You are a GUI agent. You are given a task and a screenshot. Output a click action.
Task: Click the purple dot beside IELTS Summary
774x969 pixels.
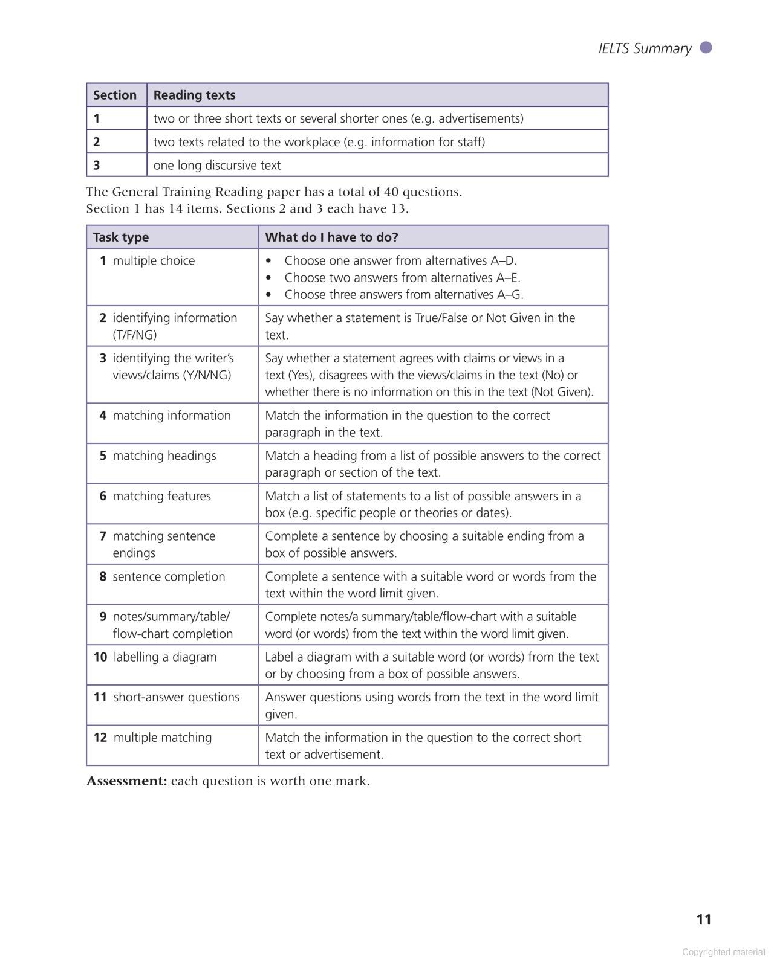tap(706, 48)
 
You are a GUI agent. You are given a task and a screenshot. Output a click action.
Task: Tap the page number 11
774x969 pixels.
tap(704, 919)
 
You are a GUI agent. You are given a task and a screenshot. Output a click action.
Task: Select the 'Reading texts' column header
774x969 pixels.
tap(194, 95)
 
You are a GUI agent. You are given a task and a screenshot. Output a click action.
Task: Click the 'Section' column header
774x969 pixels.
tap(115, 95)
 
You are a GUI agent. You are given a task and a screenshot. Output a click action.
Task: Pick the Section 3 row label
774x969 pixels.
tap(97, 165)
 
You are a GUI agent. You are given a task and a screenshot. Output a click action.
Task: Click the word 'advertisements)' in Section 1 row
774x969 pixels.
tap(481, 118)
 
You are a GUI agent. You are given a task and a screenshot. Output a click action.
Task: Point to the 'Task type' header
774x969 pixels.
tap(121, 237)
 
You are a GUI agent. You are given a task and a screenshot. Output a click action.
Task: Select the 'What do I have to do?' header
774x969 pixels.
tap(331, 237)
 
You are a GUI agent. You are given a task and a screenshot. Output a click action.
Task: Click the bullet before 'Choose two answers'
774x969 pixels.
tap(269, 278)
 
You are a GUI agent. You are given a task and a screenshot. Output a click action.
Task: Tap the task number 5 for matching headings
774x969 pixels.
tap(103, 456)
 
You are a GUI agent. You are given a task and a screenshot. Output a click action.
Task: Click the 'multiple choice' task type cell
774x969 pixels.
tap(154, 260)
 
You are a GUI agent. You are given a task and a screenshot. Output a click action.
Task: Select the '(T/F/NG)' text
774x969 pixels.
tap(134, 335)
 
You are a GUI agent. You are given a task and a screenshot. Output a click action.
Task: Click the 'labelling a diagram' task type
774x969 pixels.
tap(164, 657)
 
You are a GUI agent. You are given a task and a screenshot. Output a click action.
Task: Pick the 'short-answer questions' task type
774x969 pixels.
tap(176, 697)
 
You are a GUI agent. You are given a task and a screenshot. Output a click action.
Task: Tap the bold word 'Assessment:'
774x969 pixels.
tap(126, 781)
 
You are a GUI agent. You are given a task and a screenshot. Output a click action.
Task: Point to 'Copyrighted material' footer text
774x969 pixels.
tap(723, 952)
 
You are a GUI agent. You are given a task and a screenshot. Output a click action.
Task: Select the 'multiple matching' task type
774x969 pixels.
tap(162, 738)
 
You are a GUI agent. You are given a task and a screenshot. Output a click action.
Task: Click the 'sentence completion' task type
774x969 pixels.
tap(169, 576)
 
